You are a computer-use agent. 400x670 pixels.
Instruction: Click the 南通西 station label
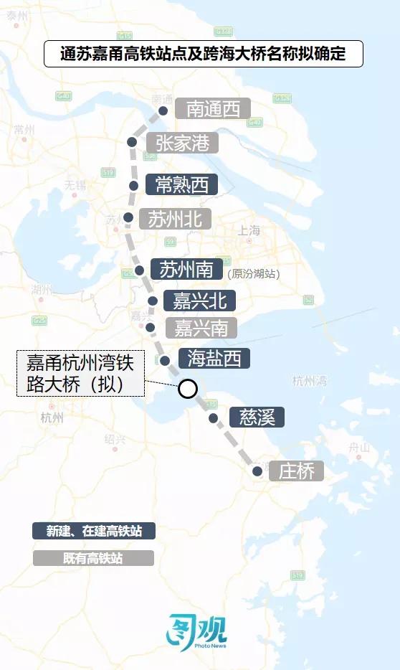coord(213,109)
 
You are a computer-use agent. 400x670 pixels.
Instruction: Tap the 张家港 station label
coord(182,143)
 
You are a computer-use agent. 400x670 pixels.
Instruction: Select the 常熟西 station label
coord(181,184)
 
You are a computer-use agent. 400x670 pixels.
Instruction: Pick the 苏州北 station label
coord(175,219)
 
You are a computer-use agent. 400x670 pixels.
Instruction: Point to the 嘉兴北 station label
coord(195,300)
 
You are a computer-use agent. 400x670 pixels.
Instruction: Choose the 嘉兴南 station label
coord(201,328)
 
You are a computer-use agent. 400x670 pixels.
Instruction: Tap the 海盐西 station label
coord(214,359)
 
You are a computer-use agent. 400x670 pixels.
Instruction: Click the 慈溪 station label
coord(257,417)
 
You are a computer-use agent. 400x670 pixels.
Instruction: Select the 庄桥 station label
coord(296,471)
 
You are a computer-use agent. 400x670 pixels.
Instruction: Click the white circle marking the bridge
coord(187,389)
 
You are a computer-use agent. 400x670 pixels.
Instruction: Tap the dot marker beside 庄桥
coord(257,471)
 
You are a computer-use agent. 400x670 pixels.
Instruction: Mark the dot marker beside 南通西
coord(163,110)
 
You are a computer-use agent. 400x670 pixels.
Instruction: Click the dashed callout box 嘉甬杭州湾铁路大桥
coord(81,372)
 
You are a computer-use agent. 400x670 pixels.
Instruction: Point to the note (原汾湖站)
coord(253,273)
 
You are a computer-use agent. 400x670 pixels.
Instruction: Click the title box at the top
coord(204,54)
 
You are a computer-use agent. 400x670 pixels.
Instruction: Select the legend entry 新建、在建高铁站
coord(93,531)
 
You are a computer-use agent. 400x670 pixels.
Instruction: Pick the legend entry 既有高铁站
coord(93,558)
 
